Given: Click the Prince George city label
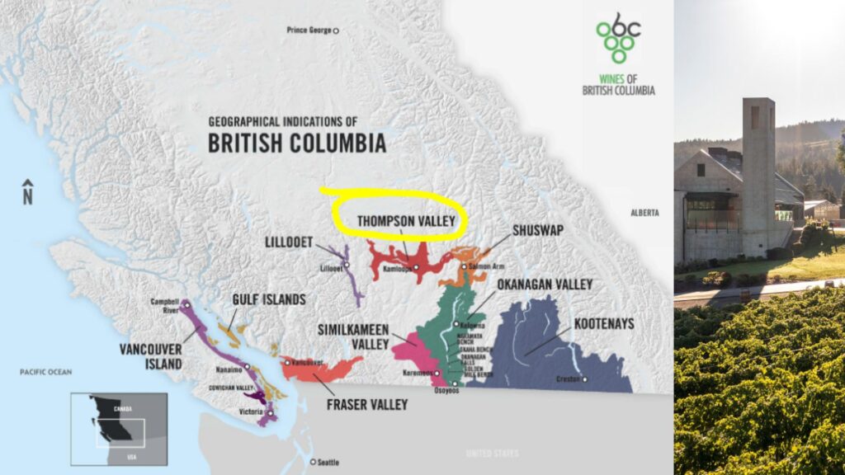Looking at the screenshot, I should [309, 31].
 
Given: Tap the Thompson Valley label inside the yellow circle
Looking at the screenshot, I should [406, 221].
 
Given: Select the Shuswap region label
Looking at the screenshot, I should [537, 230].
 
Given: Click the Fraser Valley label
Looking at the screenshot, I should [366, 405].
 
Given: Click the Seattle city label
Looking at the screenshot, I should [327, 462].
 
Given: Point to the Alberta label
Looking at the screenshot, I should [644, 213].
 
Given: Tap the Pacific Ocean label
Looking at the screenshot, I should [46, 372].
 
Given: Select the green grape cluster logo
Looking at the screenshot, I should [619, 38].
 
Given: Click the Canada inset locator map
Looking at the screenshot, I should [118, 428].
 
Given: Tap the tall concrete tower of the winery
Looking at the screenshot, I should [758, 173].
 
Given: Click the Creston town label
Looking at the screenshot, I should [571, 379].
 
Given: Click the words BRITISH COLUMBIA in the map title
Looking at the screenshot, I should [296, 143].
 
